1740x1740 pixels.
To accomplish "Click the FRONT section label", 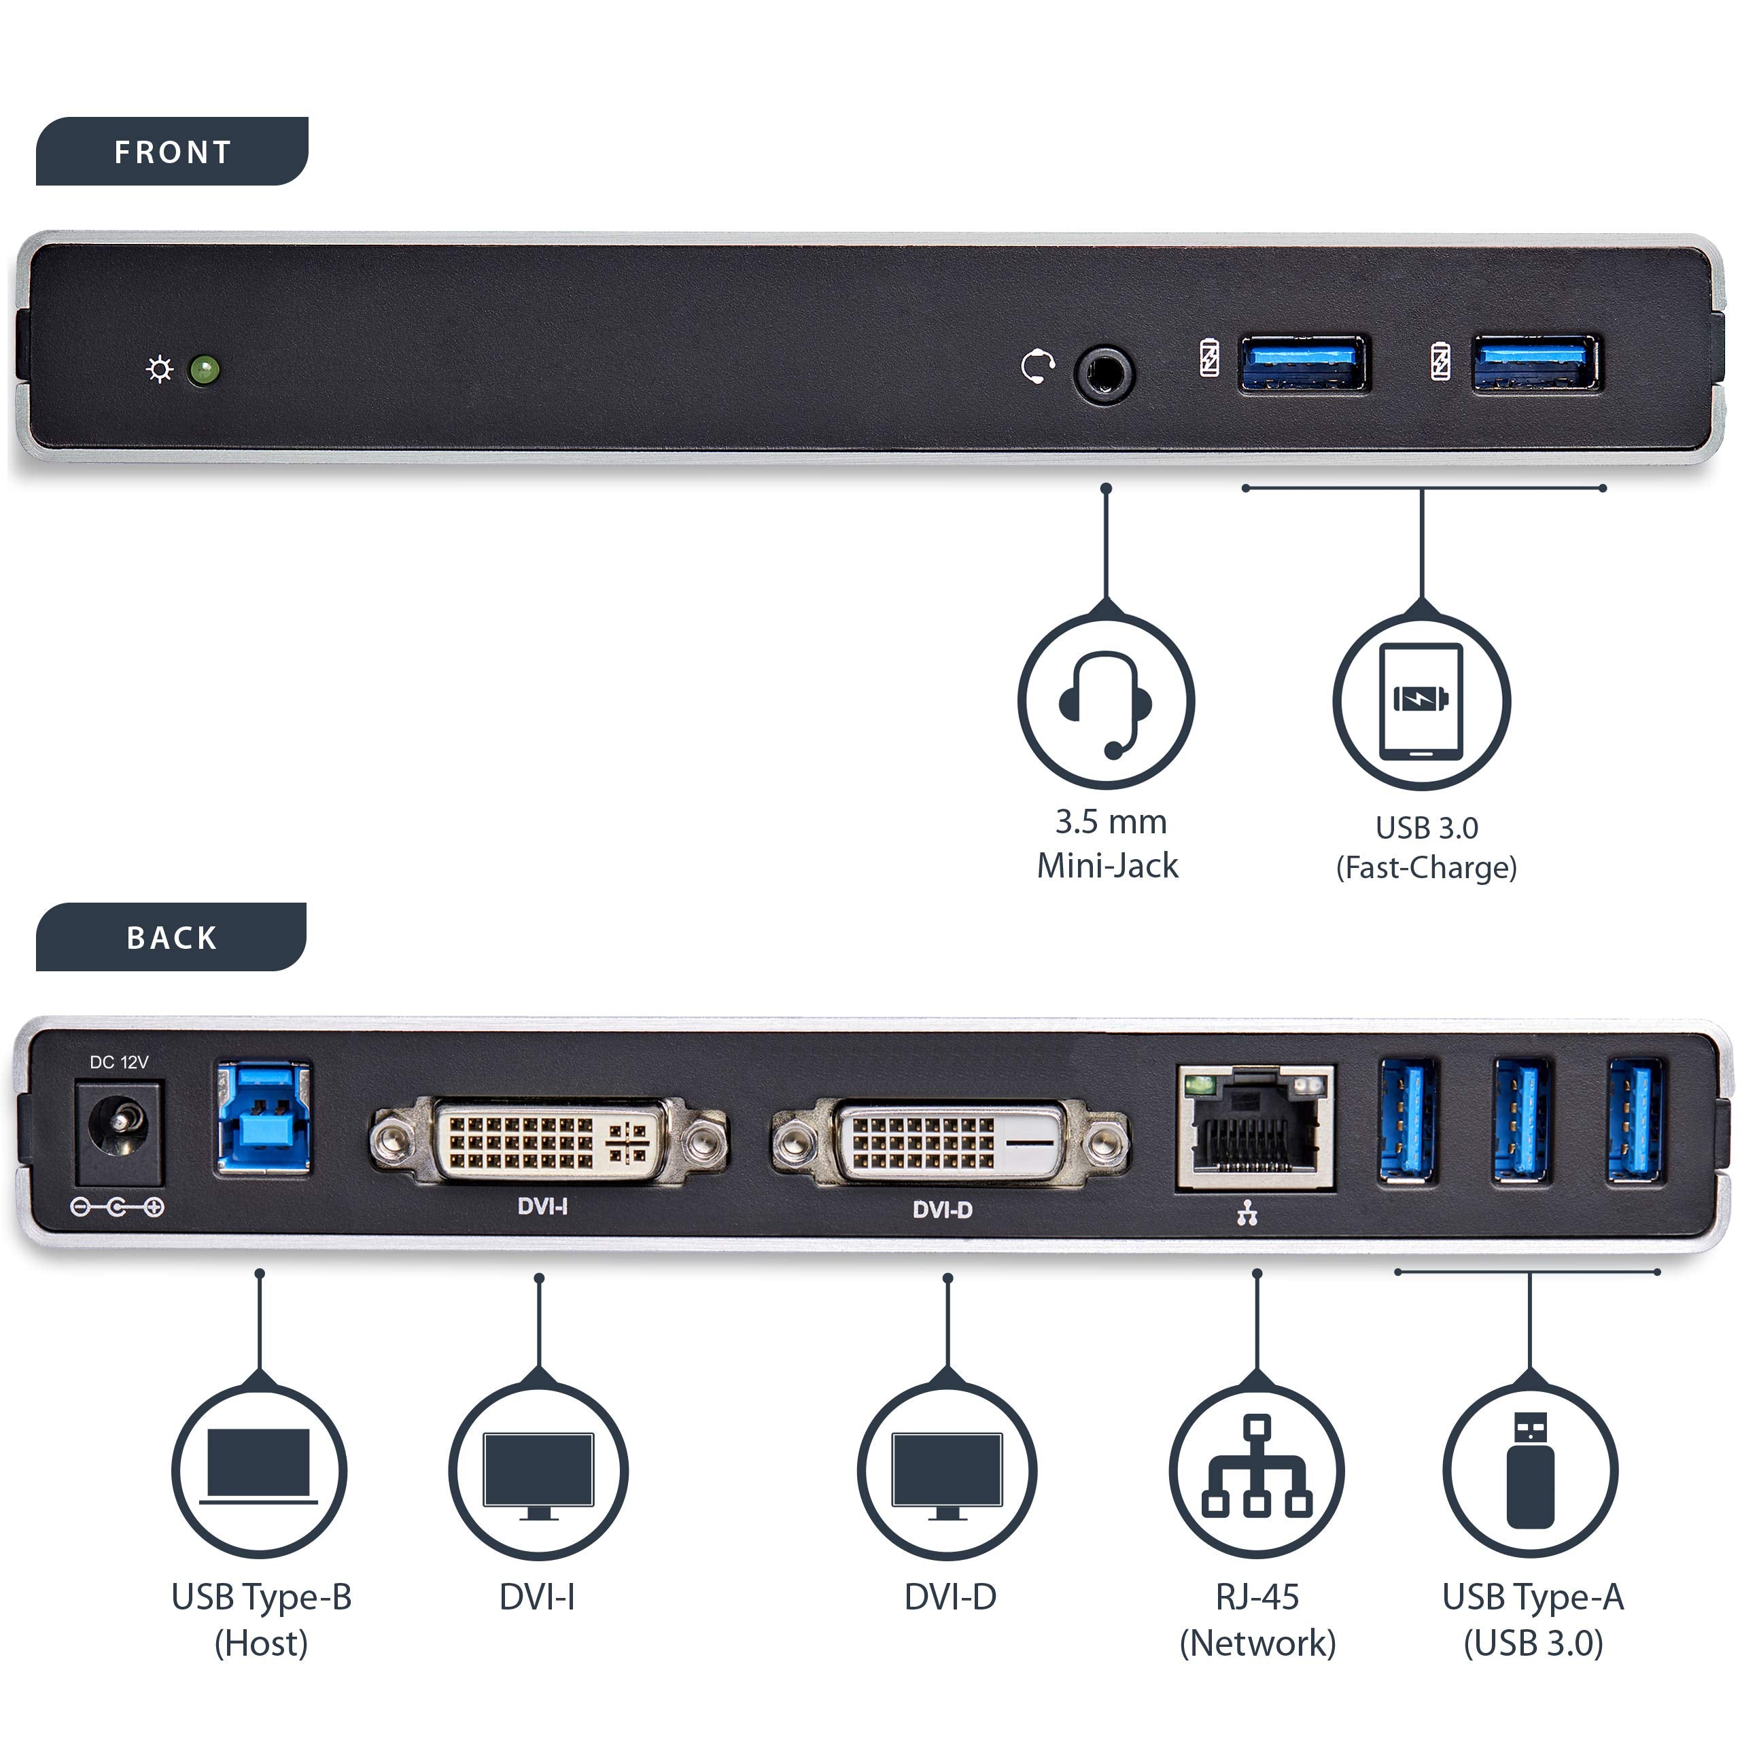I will tap(172, 152).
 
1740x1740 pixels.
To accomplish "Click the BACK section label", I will tap(171, 937).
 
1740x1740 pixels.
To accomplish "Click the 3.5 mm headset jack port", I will tap(1104, 371).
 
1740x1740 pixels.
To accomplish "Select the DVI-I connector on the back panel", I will tap(549, 1142).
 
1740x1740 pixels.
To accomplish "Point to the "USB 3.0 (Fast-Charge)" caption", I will tap(1426, 847).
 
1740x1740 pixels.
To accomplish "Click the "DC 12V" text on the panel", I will tap(119, 1063).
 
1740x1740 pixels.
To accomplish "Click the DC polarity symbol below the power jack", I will tap(117, 1207).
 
